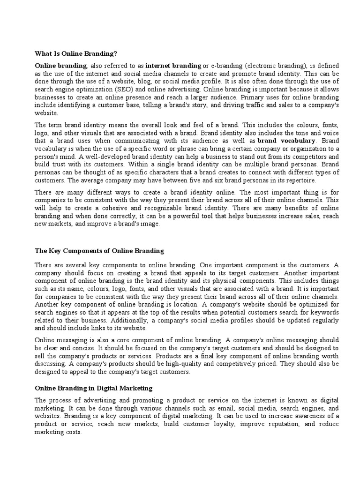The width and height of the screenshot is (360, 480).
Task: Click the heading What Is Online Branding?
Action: [76, 53]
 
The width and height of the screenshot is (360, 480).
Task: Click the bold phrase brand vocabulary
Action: [287, 141]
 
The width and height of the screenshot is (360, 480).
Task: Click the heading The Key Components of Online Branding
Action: [99, 251]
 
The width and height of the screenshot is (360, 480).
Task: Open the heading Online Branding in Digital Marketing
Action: [94, 389]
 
